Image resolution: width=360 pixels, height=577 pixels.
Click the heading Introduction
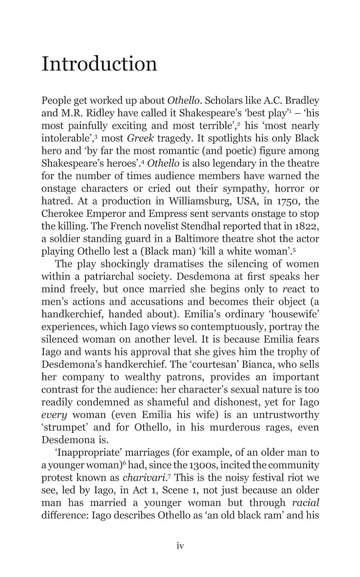(99, 64)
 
